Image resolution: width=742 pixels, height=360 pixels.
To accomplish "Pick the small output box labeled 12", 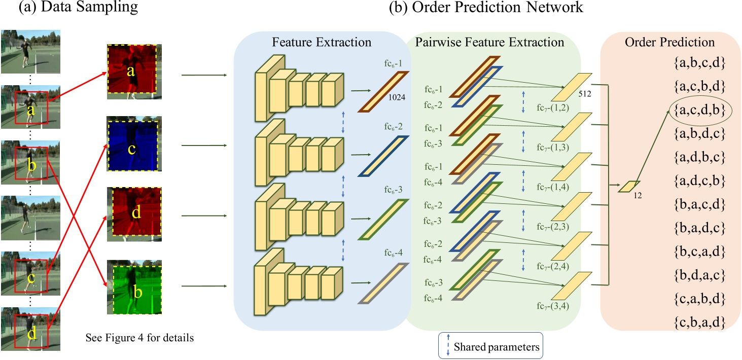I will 629,187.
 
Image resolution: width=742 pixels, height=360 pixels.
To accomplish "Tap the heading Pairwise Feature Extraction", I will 489,42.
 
